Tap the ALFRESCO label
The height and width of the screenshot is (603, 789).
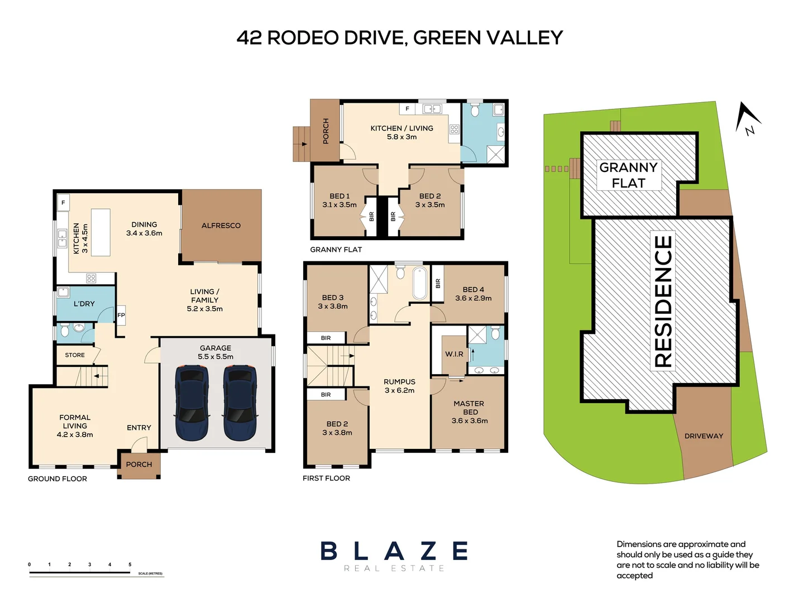[x=221, y=226]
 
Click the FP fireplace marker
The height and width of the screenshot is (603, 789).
[x=121, y=315]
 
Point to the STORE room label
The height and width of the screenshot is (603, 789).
[x=75, y=355]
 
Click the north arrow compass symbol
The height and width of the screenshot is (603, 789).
[x=748, y=119]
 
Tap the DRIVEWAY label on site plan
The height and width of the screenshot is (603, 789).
[x=704, y=436]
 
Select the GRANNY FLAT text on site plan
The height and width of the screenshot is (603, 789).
[x=628, y=175]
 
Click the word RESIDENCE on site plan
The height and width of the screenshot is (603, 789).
[x=663, y=301]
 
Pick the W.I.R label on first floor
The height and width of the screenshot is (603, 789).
[x=454, y=354]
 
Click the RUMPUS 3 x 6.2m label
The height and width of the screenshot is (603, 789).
[x=399, y=386]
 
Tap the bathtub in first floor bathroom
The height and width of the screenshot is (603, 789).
[x=419, y=283]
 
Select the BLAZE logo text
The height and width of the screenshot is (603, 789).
[x=394, y=551]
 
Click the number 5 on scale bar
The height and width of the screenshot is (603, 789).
[x=130, y=564]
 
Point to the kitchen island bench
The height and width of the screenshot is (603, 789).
[x=101, y=232]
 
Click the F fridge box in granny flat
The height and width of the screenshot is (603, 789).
[x=407, y=108]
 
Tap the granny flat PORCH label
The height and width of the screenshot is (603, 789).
[x=326, y=131]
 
